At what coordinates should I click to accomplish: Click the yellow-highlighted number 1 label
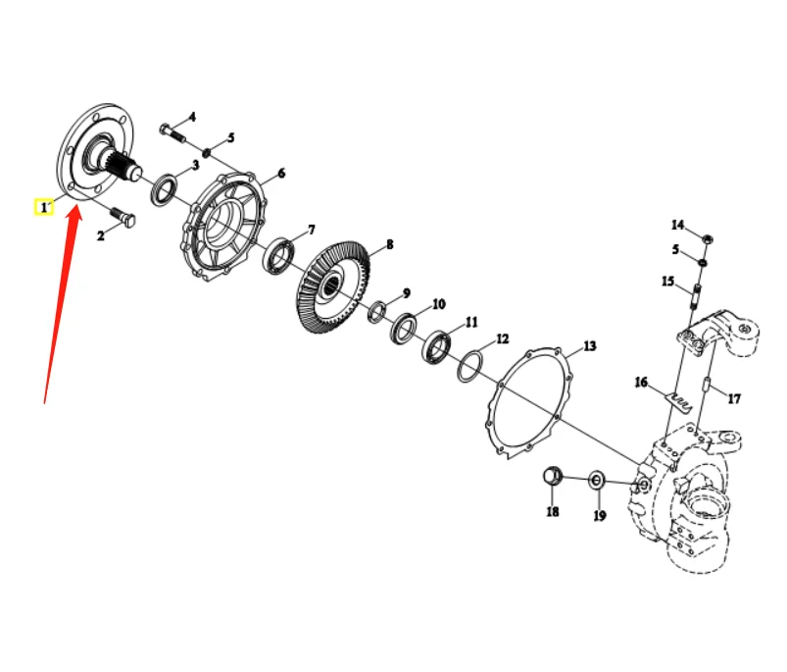tap(43, 208)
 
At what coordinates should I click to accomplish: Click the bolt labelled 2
tap(123, 218)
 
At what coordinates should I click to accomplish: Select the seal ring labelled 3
tap(164, 188)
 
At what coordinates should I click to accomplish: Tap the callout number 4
tap(192, 117)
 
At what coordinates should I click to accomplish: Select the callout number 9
tap(406, 293)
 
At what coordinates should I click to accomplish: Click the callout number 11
tap(471, 322)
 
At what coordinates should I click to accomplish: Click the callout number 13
tap(589, 346)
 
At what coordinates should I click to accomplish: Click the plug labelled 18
tap(553, 478)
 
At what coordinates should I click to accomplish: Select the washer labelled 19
tap(595, 481)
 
